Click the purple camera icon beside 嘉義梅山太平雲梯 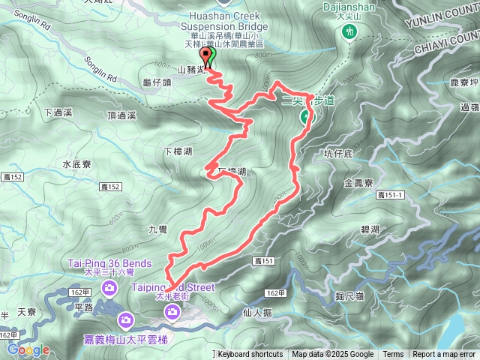(x=127, y=321)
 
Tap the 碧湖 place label (x=370, y=229)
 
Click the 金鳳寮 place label (x=358, y=182)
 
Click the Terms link (x=393, y=355)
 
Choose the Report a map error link (x=445, y=355)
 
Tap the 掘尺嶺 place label (x=350, y=297)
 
